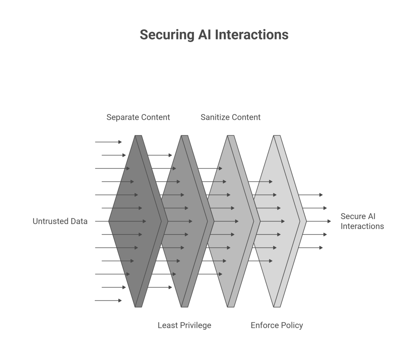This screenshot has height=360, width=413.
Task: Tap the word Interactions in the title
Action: click(251, 35)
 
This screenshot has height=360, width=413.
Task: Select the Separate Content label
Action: click(138, 117)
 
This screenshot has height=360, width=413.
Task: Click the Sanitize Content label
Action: click(230, 117)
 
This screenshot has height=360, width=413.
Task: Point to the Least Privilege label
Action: click(184, 325)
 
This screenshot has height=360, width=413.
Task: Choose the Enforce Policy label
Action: click(277, 325)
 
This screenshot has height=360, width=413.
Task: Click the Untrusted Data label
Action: click(60, 221)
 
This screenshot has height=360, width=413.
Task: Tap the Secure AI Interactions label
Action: click(362, 221)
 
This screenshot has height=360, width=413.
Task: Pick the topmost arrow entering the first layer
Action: click(108, 142)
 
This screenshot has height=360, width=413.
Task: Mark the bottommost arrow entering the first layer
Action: click(108, 300)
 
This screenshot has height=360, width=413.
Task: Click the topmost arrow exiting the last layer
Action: click(311, 195)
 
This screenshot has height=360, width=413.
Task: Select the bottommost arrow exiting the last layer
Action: click(311, 247)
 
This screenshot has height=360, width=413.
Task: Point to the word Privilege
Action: click(195, 325)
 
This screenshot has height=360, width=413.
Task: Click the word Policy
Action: click(292, 325)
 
